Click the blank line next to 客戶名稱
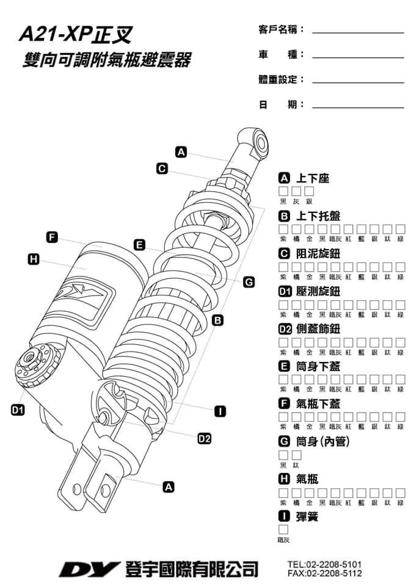[358, 31]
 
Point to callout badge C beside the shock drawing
[162, 168]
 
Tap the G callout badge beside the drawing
[249, 282]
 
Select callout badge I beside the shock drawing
[221, 411]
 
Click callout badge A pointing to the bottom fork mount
[169, 487]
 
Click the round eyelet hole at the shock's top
[261, 143]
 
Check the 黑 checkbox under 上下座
[283, 192]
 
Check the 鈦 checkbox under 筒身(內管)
[297, 455]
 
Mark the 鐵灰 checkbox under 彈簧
[283, 530]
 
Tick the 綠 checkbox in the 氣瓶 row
[401, 493]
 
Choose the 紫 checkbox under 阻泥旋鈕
[283, 267]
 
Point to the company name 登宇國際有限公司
[191, 569]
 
